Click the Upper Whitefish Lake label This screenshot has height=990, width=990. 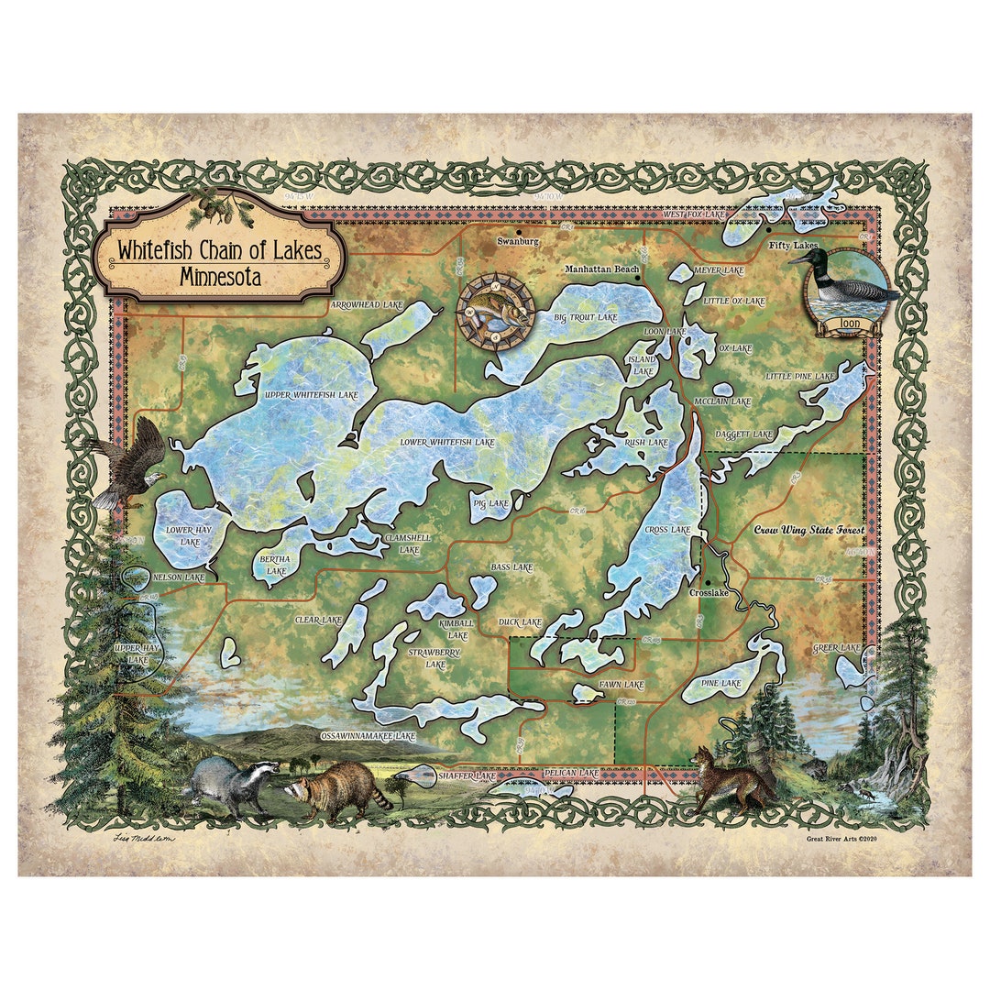click(310, 395)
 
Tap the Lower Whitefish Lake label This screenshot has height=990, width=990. click(446, 443)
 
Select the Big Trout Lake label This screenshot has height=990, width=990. click(586, 317)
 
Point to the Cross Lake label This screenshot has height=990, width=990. click(667, 530)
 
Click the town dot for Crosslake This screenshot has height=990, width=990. click(707, 582)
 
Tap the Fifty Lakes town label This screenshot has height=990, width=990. click(792, 246)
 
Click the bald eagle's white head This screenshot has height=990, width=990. click(154, 478)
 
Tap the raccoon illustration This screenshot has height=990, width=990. click(335, 788)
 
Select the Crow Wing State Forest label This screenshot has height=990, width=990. click(808, 530)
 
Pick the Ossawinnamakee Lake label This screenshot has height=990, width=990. click(368, 736)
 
